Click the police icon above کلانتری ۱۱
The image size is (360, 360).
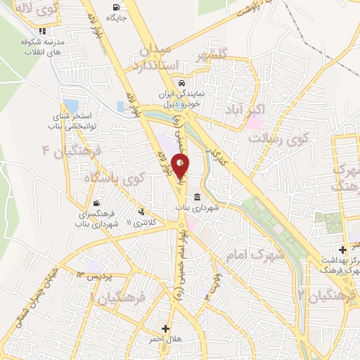[x=143, y=211]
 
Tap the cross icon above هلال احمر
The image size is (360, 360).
[x=166, y=328]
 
